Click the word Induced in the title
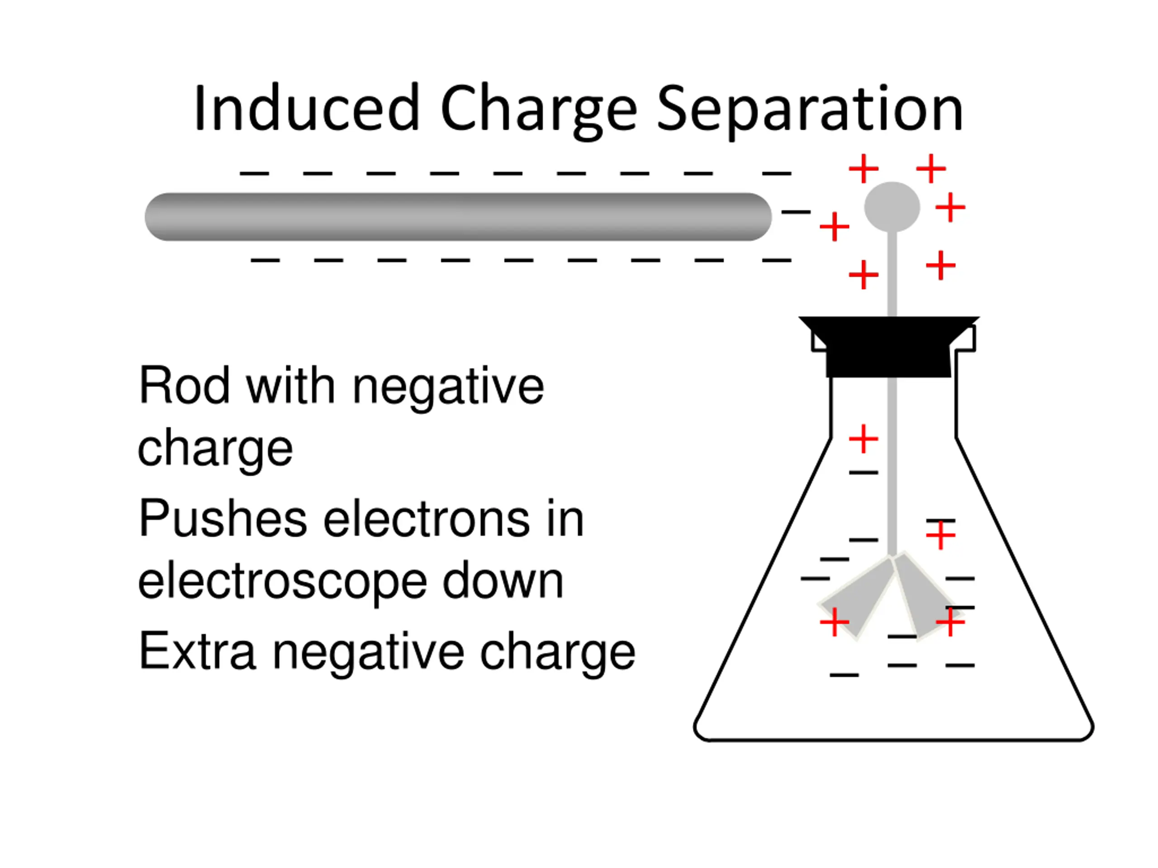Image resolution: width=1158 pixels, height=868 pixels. tap(306, 109)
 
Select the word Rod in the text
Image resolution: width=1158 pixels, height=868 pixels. tap(184, 386)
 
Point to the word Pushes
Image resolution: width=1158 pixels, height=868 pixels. tap(223, 519)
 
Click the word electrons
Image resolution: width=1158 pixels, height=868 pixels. tap(425, 519)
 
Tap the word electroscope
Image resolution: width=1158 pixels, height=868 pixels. tap(283, 582)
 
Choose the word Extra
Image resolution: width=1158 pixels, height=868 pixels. tap(197, 651)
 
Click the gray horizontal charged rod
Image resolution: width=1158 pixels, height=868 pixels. tap(458, 217)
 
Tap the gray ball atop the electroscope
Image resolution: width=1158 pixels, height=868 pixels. tap(892, 207)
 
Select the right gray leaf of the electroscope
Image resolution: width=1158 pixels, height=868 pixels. tap(924, 596)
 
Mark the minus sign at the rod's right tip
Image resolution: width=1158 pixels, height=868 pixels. tap(796, 212)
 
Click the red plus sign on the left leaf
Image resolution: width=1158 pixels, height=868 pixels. tap(835, 622)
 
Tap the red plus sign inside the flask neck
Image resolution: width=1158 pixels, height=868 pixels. tap(863, 439)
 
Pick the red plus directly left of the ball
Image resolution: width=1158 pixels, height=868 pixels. tap(834, 226)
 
